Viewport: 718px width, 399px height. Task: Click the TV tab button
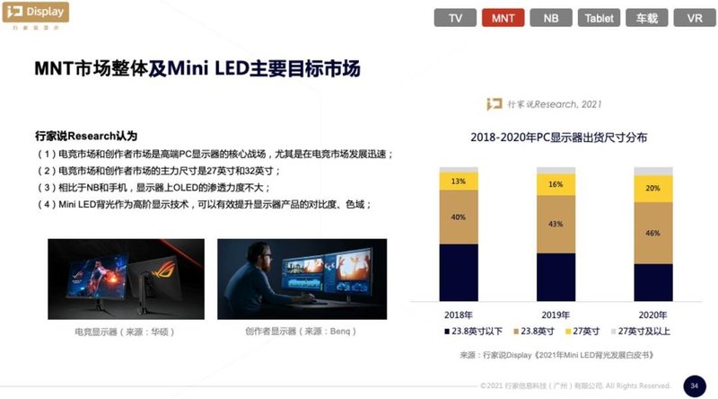tap(456, 18)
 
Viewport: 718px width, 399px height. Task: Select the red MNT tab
tap(503, 18)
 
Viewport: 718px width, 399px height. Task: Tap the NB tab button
tap(551, 18)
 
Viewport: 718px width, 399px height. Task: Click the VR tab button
tap(694, 18)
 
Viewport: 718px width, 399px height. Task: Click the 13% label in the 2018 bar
tap(458, 182)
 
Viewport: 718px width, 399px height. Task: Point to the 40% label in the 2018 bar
tap(458, 217)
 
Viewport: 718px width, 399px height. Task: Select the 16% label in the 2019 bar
tap(556, 184)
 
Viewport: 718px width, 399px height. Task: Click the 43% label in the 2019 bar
tap(556, 224)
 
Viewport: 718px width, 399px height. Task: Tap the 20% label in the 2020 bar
tap(652, 189)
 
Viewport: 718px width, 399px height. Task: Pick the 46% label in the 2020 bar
tap(652, 232)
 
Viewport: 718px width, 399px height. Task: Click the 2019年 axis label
tap(556, 315)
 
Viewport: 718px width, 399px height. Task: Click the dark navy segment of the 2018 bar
tap(458, 274)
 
